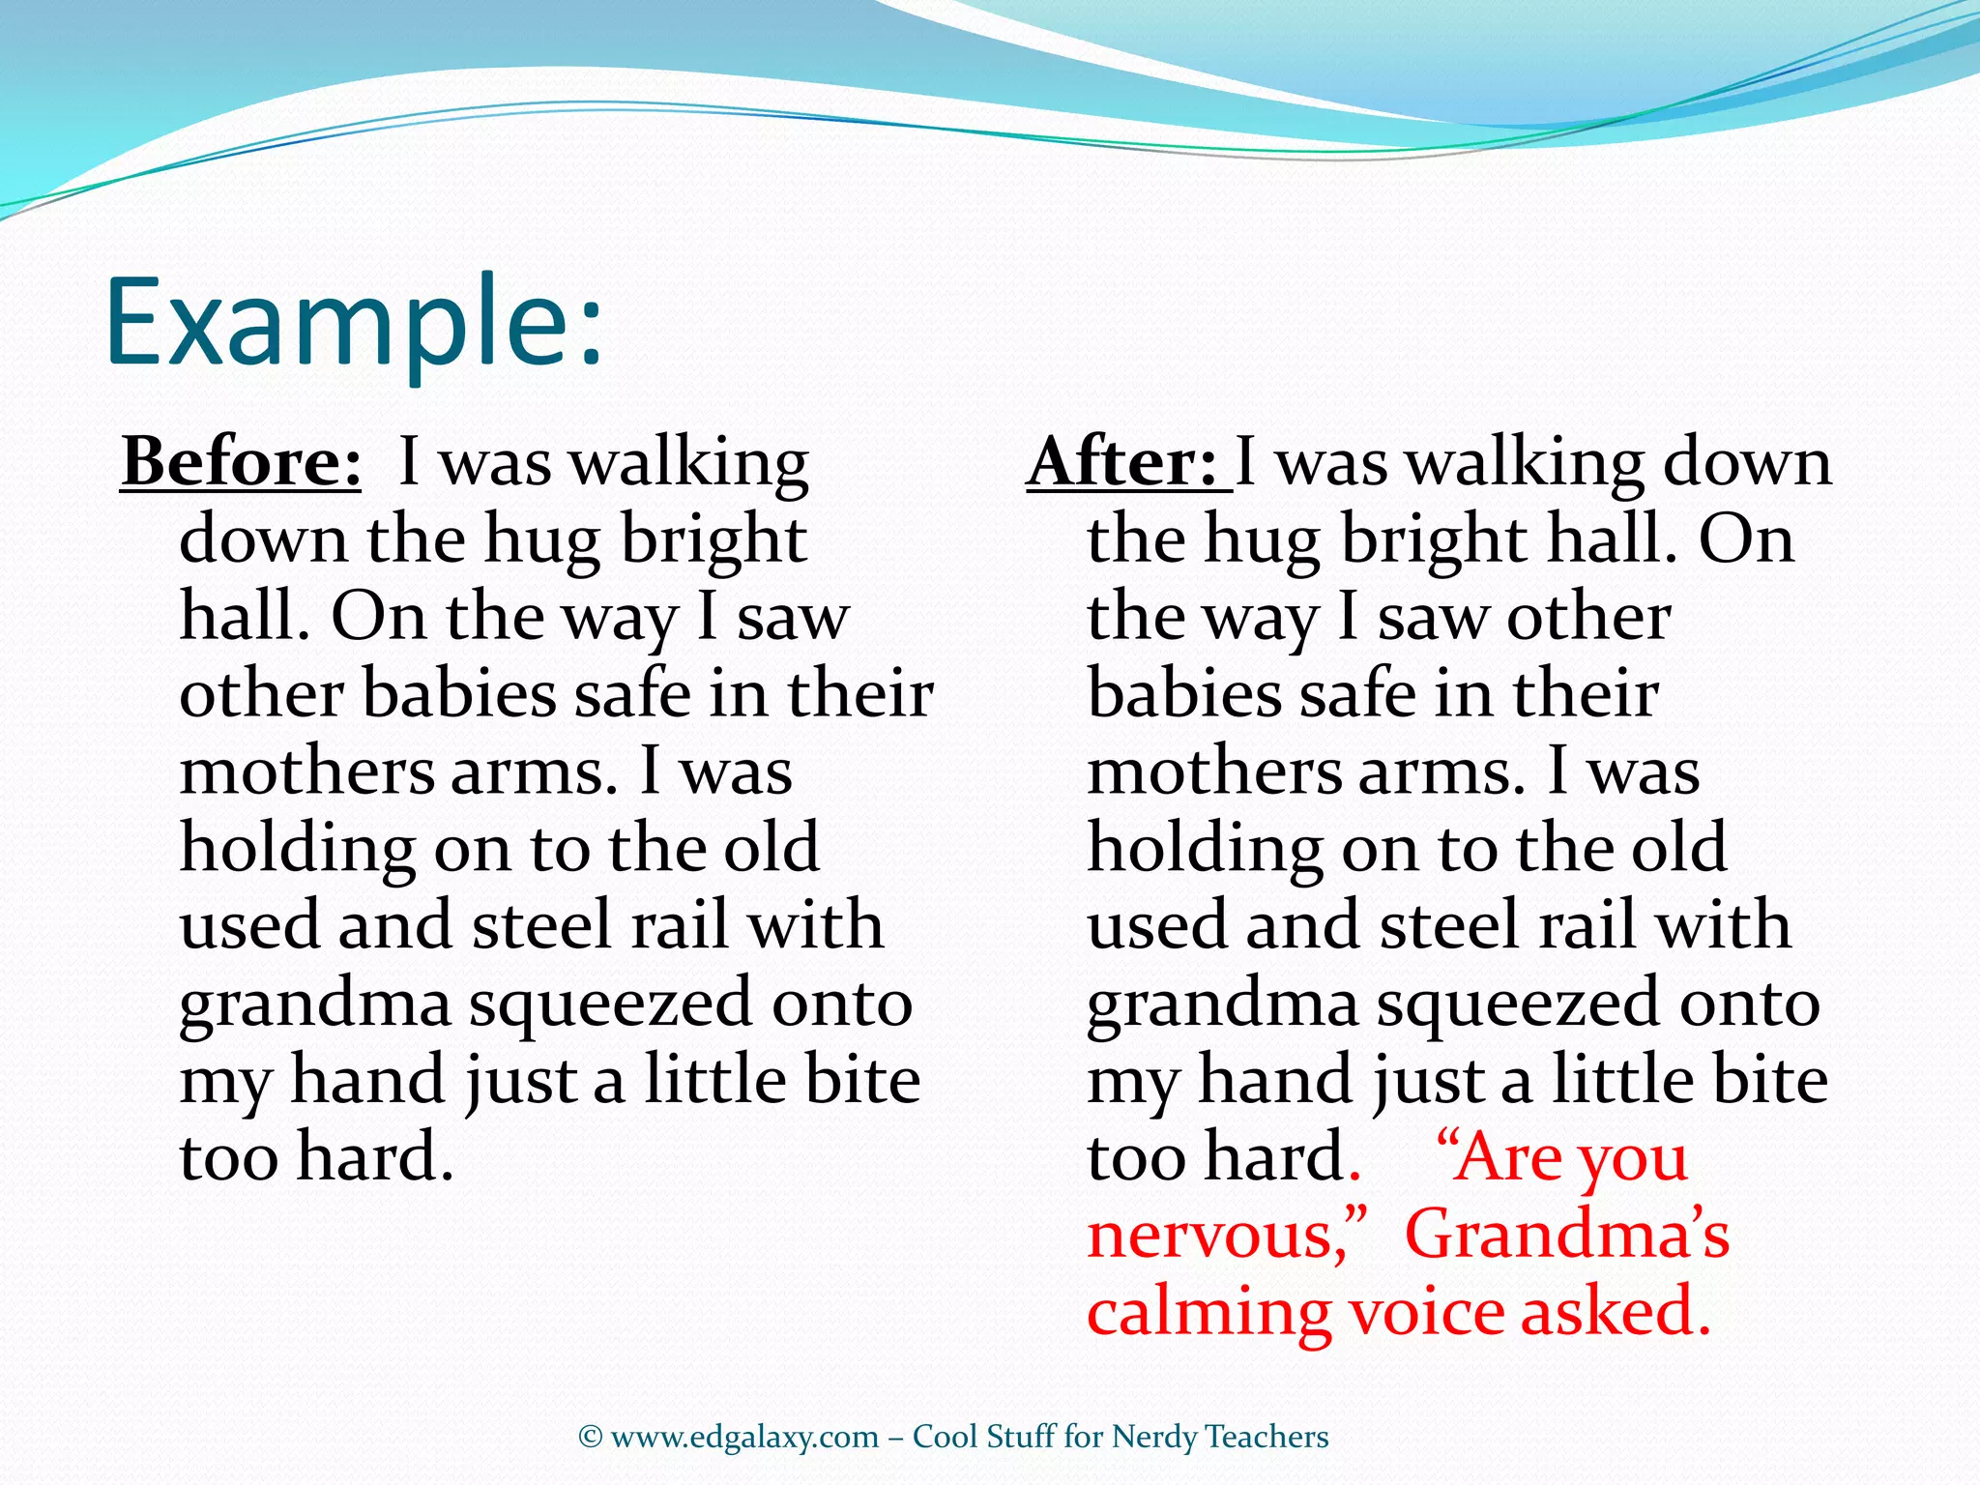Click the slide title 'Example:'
354,324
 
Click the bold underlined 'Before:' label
242,462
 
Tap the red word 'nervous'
1214,1237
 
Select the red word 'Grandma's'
1566,1235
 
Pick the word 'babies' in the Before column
459,694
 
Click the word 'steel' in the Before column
542,925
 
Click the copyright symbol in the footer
591,1438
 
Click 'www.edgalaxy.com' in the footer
744,1438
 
